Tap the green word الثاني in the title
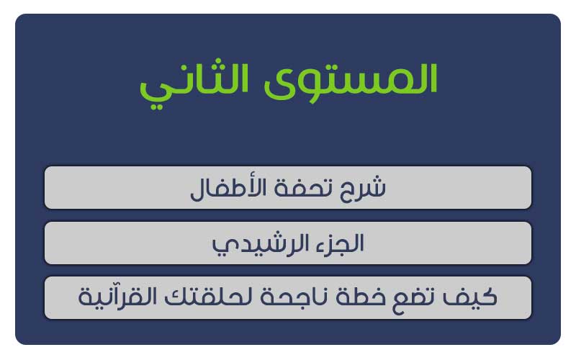(194, 84)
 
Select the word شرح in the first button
(363, 189)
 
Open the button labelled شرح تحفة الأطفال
(288, 188)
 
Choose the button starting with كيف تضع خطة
(288, 298)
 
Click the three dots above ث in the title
(218, 62)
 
